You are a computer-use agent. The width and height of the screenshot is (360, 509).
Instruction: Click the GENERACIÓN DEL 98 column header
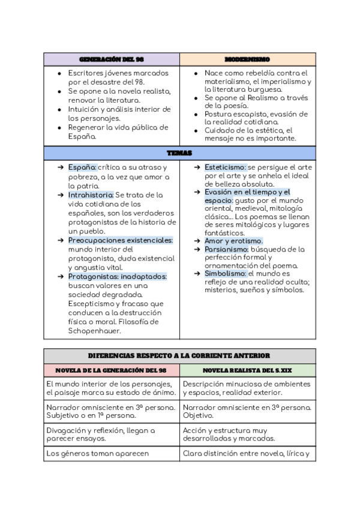112,59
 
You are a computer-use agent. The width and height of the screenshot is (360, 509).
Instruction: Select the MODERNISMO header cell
247,59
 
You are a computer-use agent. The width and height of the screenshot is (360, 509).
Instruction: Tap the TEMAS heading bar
179,154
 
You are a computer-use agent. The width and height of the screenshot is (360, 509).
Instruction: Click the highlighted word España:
82,167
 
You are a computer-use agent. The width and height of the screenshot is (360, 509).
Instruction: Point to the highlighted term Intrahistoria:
91,195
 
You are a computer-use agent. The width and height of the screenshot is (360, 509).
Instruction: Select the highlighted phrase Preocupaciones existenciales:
120,240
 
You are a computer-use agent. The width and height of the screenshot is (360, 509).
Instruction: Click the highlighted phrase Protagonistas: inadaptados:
117,277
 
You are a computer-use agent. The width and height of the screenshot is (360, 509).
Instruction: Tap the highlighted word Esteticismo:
225,167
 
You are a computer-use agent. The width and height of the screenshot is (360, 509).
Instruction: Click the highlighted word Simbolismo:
225,273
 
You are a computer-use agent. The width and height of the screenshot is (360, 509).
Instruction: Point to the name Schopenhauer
95,331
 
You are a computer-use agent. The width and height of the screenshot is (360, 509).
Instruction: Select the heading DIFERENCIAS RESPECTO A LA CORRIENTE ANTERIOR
179,356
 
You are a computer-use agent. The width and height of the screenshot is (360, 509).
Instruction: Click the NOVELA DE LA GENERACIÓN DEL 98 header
112,370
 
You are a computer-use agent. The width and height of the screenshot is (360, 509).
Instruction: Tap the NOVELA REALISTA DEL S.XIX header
247,370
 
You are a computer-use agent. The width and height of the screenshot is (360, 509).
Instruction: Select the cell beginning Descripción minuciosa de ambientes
247,388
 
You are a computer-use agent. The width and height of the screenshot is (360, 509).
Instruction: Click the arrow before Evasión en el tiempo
197,192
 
